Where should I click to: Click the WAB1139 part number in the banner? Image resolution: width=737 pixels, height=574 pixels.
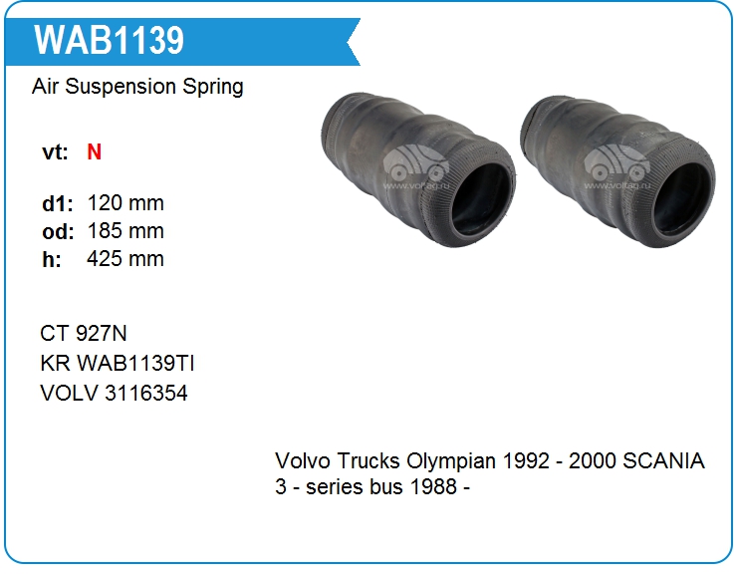[109, 41]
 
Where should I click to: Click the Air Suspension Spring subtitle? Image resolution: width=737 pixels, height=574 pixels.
[137, 87]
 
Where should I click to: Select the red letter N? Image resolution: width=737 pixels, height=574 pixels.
[94, 151]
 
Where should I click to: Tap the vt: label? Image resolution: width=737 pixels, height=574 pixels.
[55, 152]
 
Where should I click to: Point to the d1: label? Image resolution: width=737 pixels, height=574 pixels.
[58, 203]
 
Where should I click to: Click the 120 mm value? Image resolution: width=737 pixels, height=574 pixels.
[125, 203]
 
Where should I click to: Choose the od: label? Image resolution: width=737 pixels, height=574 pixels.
[58, 231]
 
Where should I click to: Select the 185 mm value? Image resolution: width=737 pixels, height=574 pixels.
[125, 231]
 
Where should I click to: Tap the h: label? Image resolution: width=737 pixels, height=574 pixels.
[52, 259]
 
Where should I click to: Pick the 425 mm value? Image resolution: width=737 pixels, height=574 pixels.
[125, 259]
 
